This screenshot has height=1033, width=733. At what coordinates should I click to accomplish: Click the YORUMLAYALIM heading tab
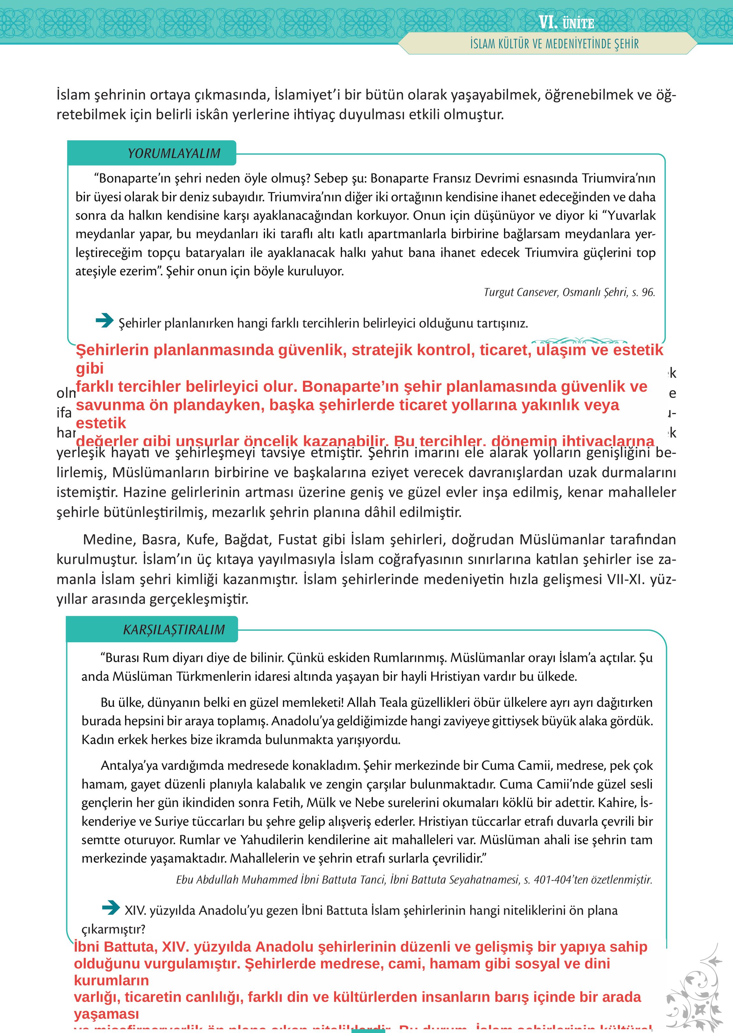point(174,153)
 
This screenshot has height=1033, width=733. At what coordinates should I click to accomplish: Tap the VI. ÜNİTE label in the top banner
point(566,23)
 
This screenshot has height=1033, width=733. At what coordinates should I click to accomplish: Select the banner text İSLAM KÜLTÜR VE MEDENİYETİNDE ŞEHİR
point(554,44)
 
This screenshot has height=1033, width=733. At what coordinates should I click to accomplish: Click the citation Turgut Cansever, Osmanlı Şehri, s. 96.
point(569,292)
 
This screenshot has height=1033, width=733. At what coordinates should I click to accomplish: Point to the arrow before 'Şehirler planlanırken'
point(105,321)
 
